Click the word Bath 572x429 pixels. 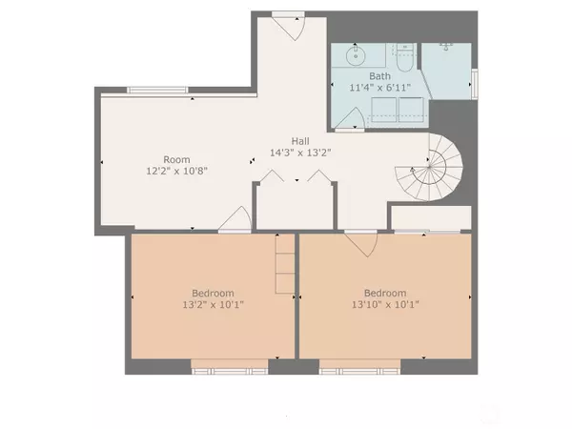click(380, 76)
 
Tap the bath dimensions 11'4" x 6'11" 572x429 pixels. click(380, 88)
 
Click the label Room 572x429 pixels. click(176, 159)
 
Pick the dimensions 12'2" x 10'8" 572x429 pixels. click(176, 171)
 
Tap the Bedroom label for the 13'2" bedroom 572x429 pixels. click(213, 293)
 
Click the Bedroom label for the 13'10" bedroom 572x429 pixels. click(385, 293)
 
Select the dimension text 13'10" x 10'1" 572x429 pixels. click(385, 304)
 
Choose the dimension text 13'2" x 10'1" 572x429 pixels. click(213, 304)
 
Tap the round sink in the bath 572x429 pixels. click(356, 55)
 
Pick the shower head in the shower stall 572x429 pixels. click(447, 44)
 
